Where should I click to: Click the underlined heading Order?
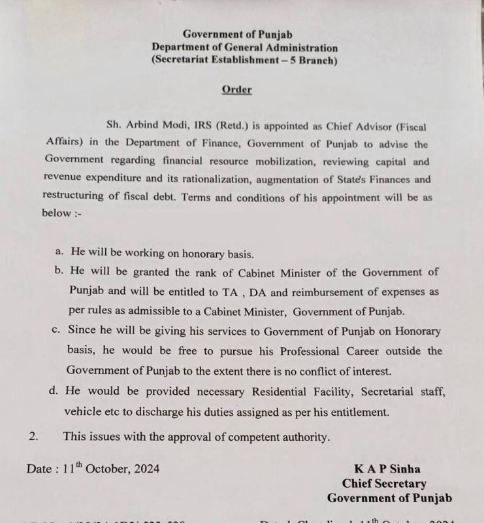click(236, 90)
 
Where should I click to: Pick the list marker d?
click(56, 391)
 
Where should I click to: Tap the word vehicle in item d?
click(86, 412)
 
